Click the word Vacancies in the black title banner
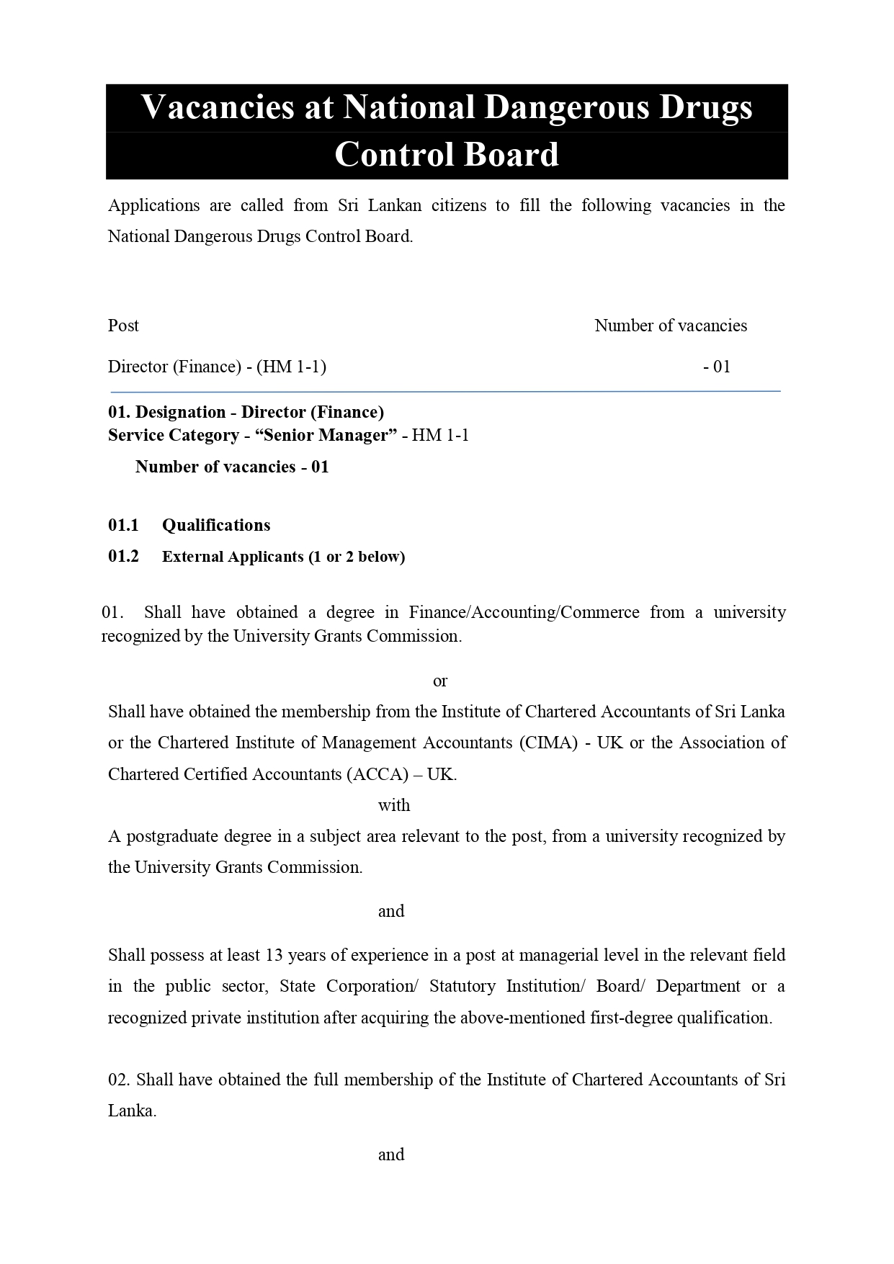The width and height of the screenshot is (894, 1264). pyautogui.click(x=238, y=107)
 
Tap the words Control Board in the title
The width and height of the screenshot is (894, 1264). pyautogui.click(x=447, y=155)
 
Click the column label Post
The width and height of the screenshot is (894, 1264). pyautogui.click(x=123, y=326)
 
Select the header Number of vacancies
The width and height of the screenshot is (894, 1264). pyautogui.click(x=670, y=326)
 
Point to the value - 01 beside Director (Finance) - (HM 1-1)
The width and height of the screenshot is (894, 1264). pyautogui.click(x=717, y=367)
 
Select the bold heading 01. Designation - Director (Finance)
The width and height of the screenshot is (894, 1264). pyautogui.click(x=246, y=412)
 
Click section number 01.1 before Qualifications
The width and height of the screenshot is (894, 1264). pyautogui.click(x=123, y=525)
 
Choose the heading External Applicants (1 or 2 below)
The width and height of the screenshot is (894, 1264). pyautogui.click(x=283, y=557)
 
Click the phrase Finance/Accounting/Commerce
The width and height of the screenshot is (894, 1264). pyautogui.click(x=524, y=612)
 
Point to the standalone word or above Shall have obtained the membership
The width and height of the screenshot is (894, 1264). pyautogui.click(x=440, y=681)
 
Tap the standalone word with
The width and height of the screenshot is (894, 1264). pyautogui.click(x=394, y=805)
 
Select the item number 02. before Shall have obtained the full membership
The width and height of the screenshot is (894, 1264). pyautogui.click(x=120, y=1080)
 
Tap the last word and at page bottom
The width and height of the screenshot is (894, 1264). pyautogui.click(x=391, y=1155)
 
